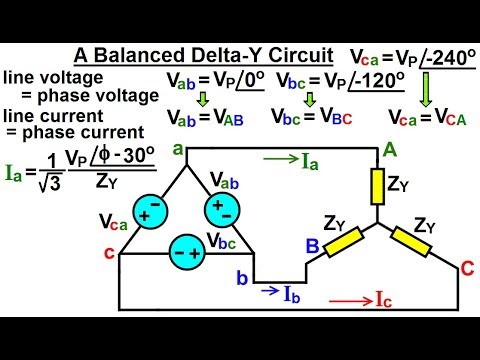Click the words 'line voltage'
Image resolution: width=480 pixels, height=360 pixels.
click(x=46, y=76)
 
